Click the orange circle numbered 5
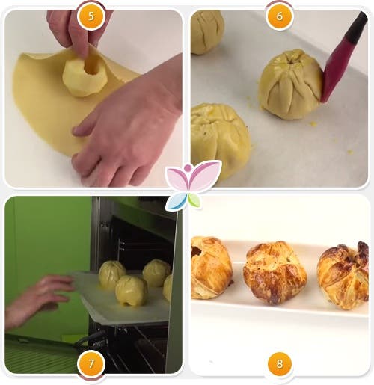click(91, 16)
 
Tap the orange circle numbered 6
click(280, 16)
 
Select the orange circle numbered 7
click(91, 364)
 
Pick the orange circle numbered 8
click(280, 364)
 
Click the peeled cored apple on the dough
click(85, 78)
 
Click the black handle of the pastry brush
click(357, 25)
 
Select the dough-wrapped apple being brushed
click(290, 84)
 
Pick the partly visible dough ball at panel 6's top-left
click(206, 32)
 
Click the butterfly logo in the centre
click(193, 185)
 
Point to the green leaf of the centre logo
click(194, 200)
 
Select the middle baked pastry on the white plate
click(275, 273)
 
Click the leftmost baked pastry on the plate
click(212, 268)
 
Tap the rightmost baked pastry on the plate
click(343, 276)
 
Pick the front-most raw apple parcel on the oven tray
click(131, 291)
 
